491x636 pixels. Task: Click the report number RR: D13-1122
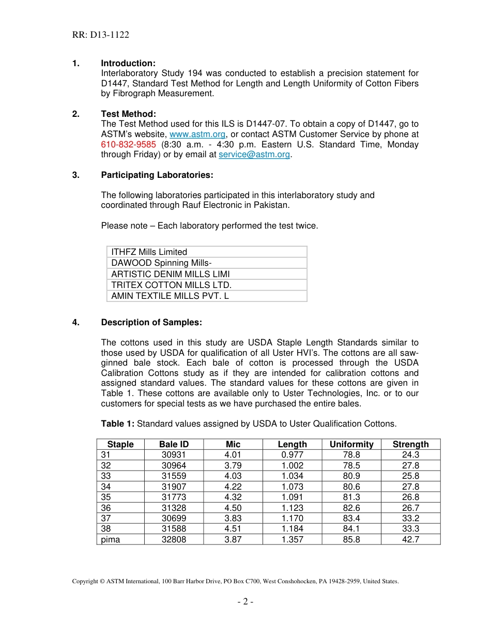[100, 35]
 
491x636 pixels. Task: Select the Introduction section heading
[128, 63]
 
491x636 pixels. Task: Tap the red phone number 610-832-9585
[128, 144]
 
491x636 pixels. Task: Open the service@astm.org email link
[254, 155]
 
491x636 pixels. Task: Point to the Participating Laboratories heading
[157, 175]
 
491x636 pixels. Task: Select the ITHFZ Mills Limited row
[149, 252]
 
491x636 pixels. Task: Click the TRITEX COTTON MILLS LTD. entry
[172, 285]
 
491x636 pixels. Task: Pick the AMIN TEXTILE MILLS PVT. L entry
[170, 296]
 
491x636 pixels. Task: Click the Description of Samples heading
[151, 322]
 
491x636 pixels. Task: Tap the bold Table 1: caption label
[118, 423]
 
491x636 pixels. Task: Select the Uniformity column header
[351, 444]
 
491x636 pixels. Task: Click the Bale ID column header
[174, 444]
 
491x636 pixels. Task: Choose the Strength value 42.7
[410, 539]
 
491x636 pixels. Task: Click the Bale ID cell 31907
[174, 487]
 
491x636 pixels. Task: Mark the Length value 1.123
[293, 508]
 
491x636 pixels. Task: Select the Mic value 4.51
[233, 528]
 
